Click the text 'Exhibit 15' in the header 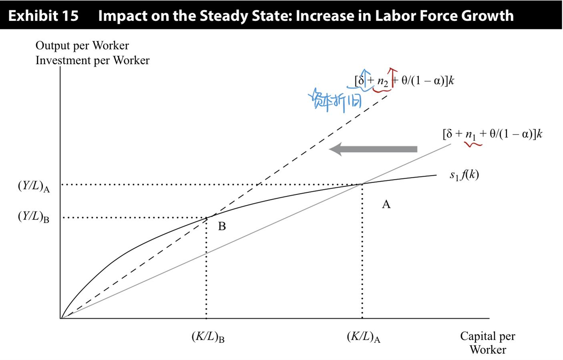pyautogui.click(x=43, y=16)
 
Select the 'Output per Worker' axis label pyautogui.click(x=82, y=46)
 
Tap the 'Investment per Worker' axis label pyautogui.click(x=92, y=60)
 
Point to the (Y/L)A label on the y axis pyautogui.click(x=34, y=186)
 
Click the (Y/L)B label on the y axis pyautogui.click(x=34, y=217)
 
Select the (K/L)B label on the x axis pyautogui.click(x=208, y=337)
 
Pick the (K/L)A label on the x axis pyautogui.click(x=363, y=337)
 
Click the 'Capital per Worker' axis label pyautogui.click(x=487, y=342)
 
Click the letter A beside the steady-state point pyautogui.click(x=386, y=205)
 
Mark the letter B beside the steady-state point pyautogui.click(x=222, y=227)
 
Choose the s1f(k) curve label pyautogui.click(x=464, y=175)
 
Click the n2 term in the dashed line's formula pyautogui.click(x=382, y=82)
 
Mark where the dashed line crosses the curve pyautogui.click(x=207, y=217)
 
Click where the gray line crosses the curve pyautogui.click(x=362, y=184)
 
